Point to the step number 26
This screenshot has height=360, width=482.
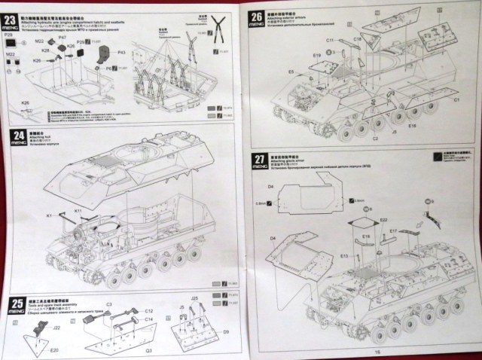click(258, 17)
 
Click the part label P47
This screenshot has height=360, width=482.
click(63, 37)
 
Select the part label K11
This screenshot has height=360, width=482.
click(78, 212)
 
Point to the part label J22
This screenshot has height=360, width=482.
click(36, 327)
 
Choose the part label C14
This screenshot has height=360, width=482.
click(148, 320)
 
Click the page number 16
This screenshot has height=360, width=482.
click(368, 352)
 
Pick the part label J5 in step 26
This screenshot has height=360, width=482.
click(395, 131)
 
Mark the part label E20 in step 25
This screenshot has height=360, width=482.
click(54, 350)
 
